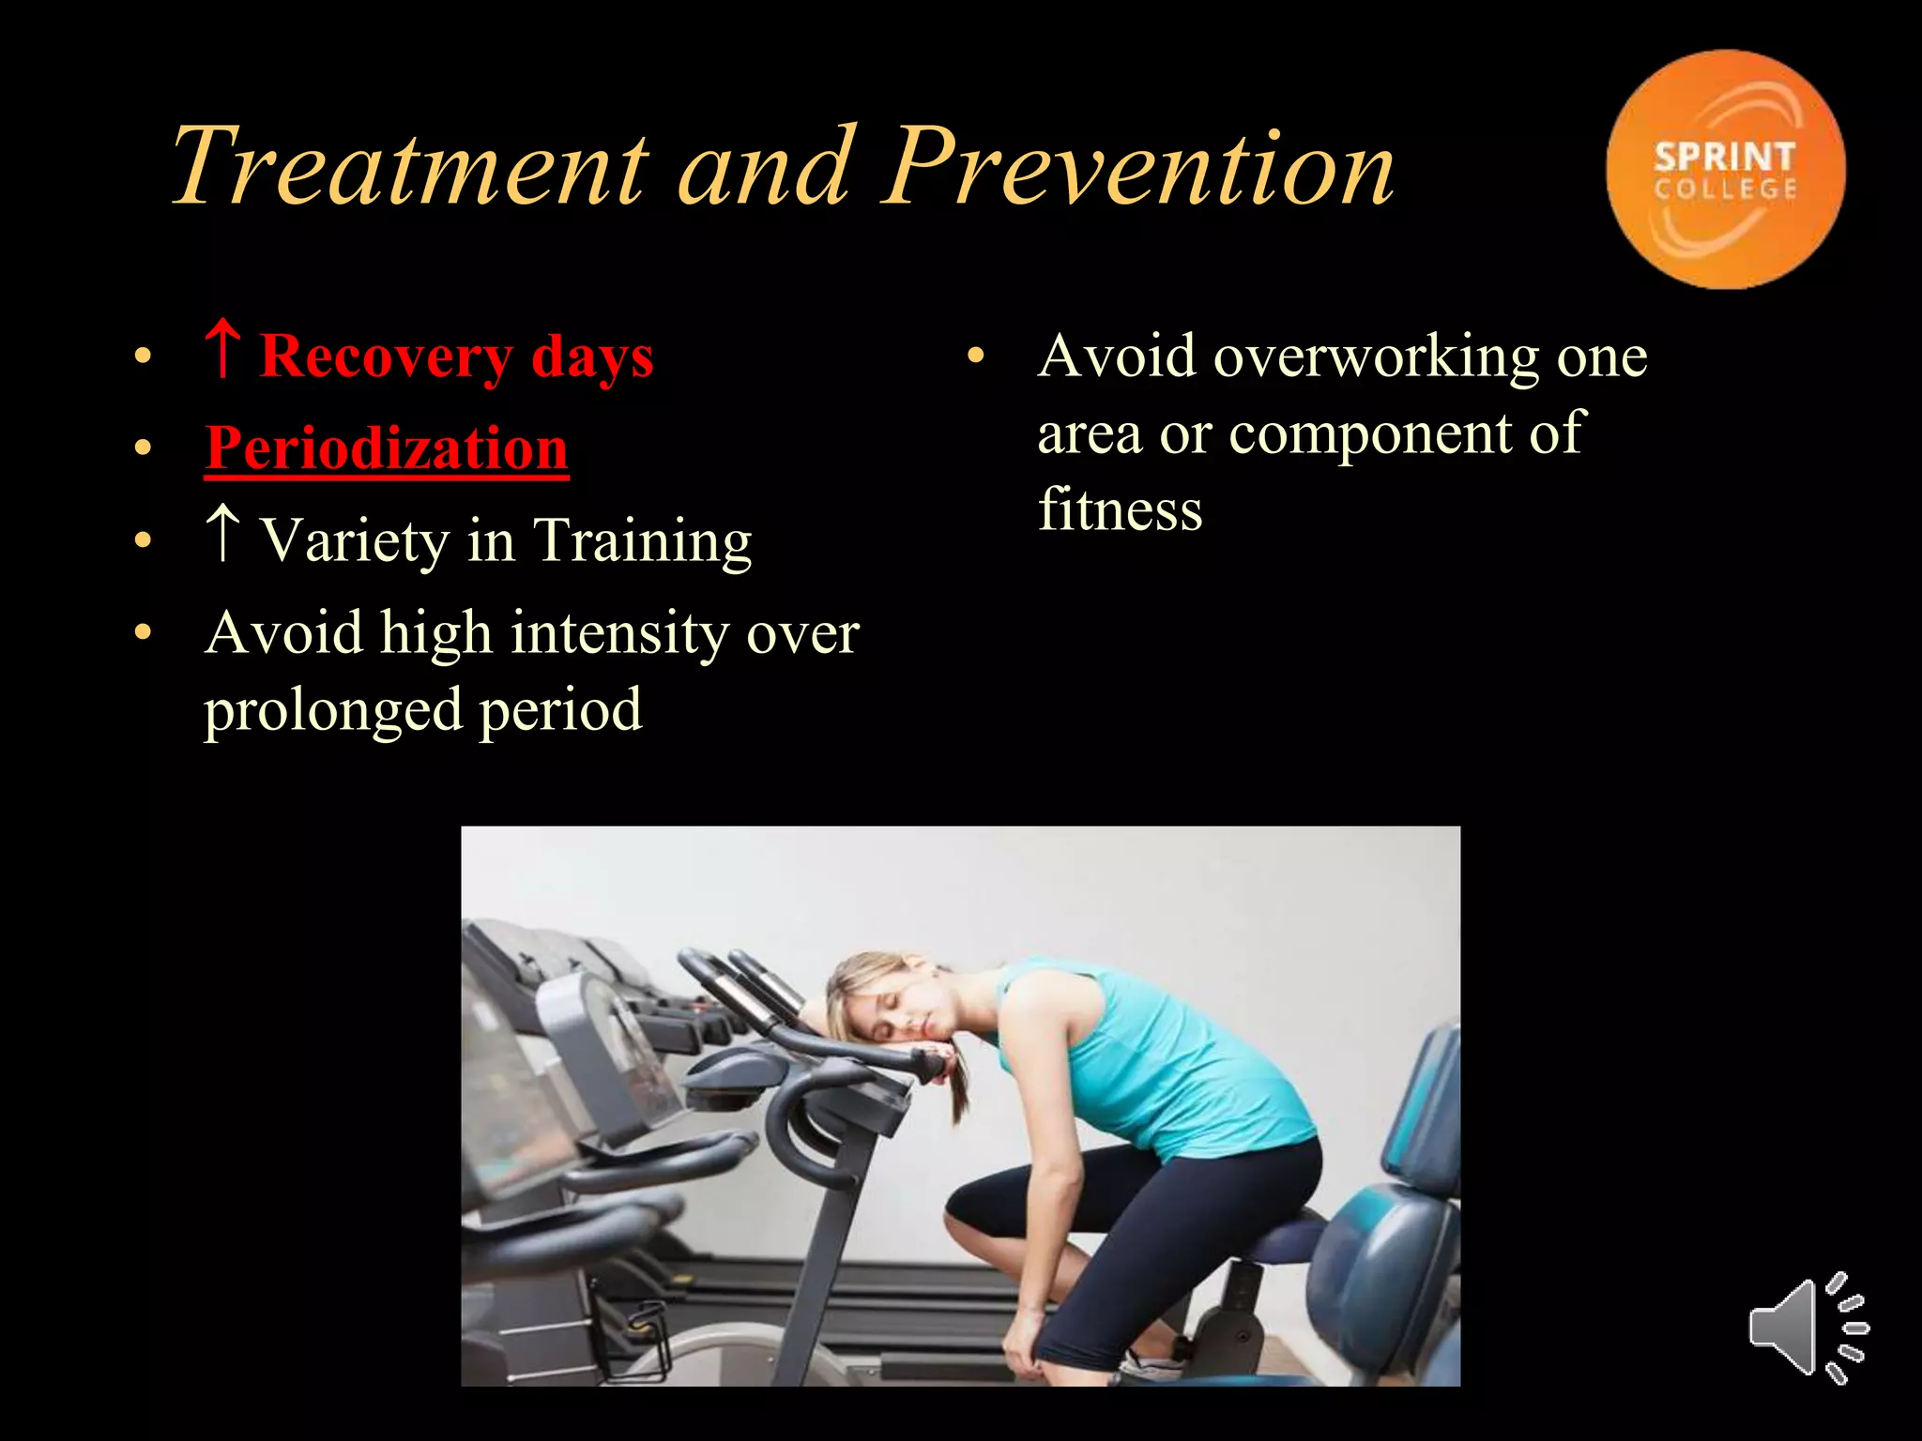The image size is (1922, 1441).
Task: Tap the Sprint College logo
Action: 1725,170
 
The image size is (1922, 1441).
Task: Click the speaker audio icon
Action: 1808,1327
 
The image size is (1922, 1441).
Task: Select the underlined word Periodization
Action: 387,448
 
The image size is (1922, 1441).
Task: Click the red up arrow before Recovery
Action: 222,349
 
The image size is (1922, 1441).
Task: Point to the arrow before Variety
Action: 222,533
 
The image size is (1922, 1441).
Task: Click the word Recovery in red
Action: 386,358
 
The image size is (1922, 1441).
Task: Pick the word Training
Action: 642,542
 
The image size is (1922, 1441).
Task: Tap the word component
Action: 1370,435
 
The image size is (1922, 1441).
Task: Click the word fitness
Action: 1120,510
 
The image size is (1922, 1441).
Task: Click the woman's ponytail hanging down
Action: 959,1088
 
